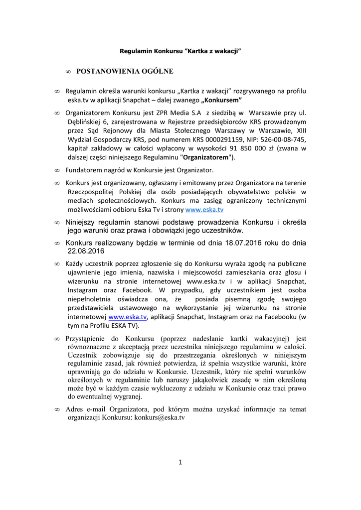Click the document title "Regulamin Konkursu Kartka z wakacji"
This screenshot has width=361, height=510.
point(181,51)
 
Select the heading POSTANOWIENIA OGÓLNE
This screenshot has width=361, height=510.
point(125,72)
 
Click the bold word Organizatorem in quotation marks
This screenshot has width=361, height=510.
point(206,157)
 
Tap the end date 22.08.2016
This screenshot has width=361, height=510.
point(84,251)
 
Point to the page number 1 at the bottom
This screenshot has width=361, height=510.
point(180,462)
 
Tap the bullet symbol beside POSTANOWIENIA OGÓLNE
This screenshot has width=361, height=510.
point(68,72)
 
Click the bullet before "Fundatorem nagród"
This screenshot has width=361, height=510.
point(57,170)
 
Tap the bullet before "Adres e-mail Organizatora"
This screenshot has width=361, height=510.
point(57,409)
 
